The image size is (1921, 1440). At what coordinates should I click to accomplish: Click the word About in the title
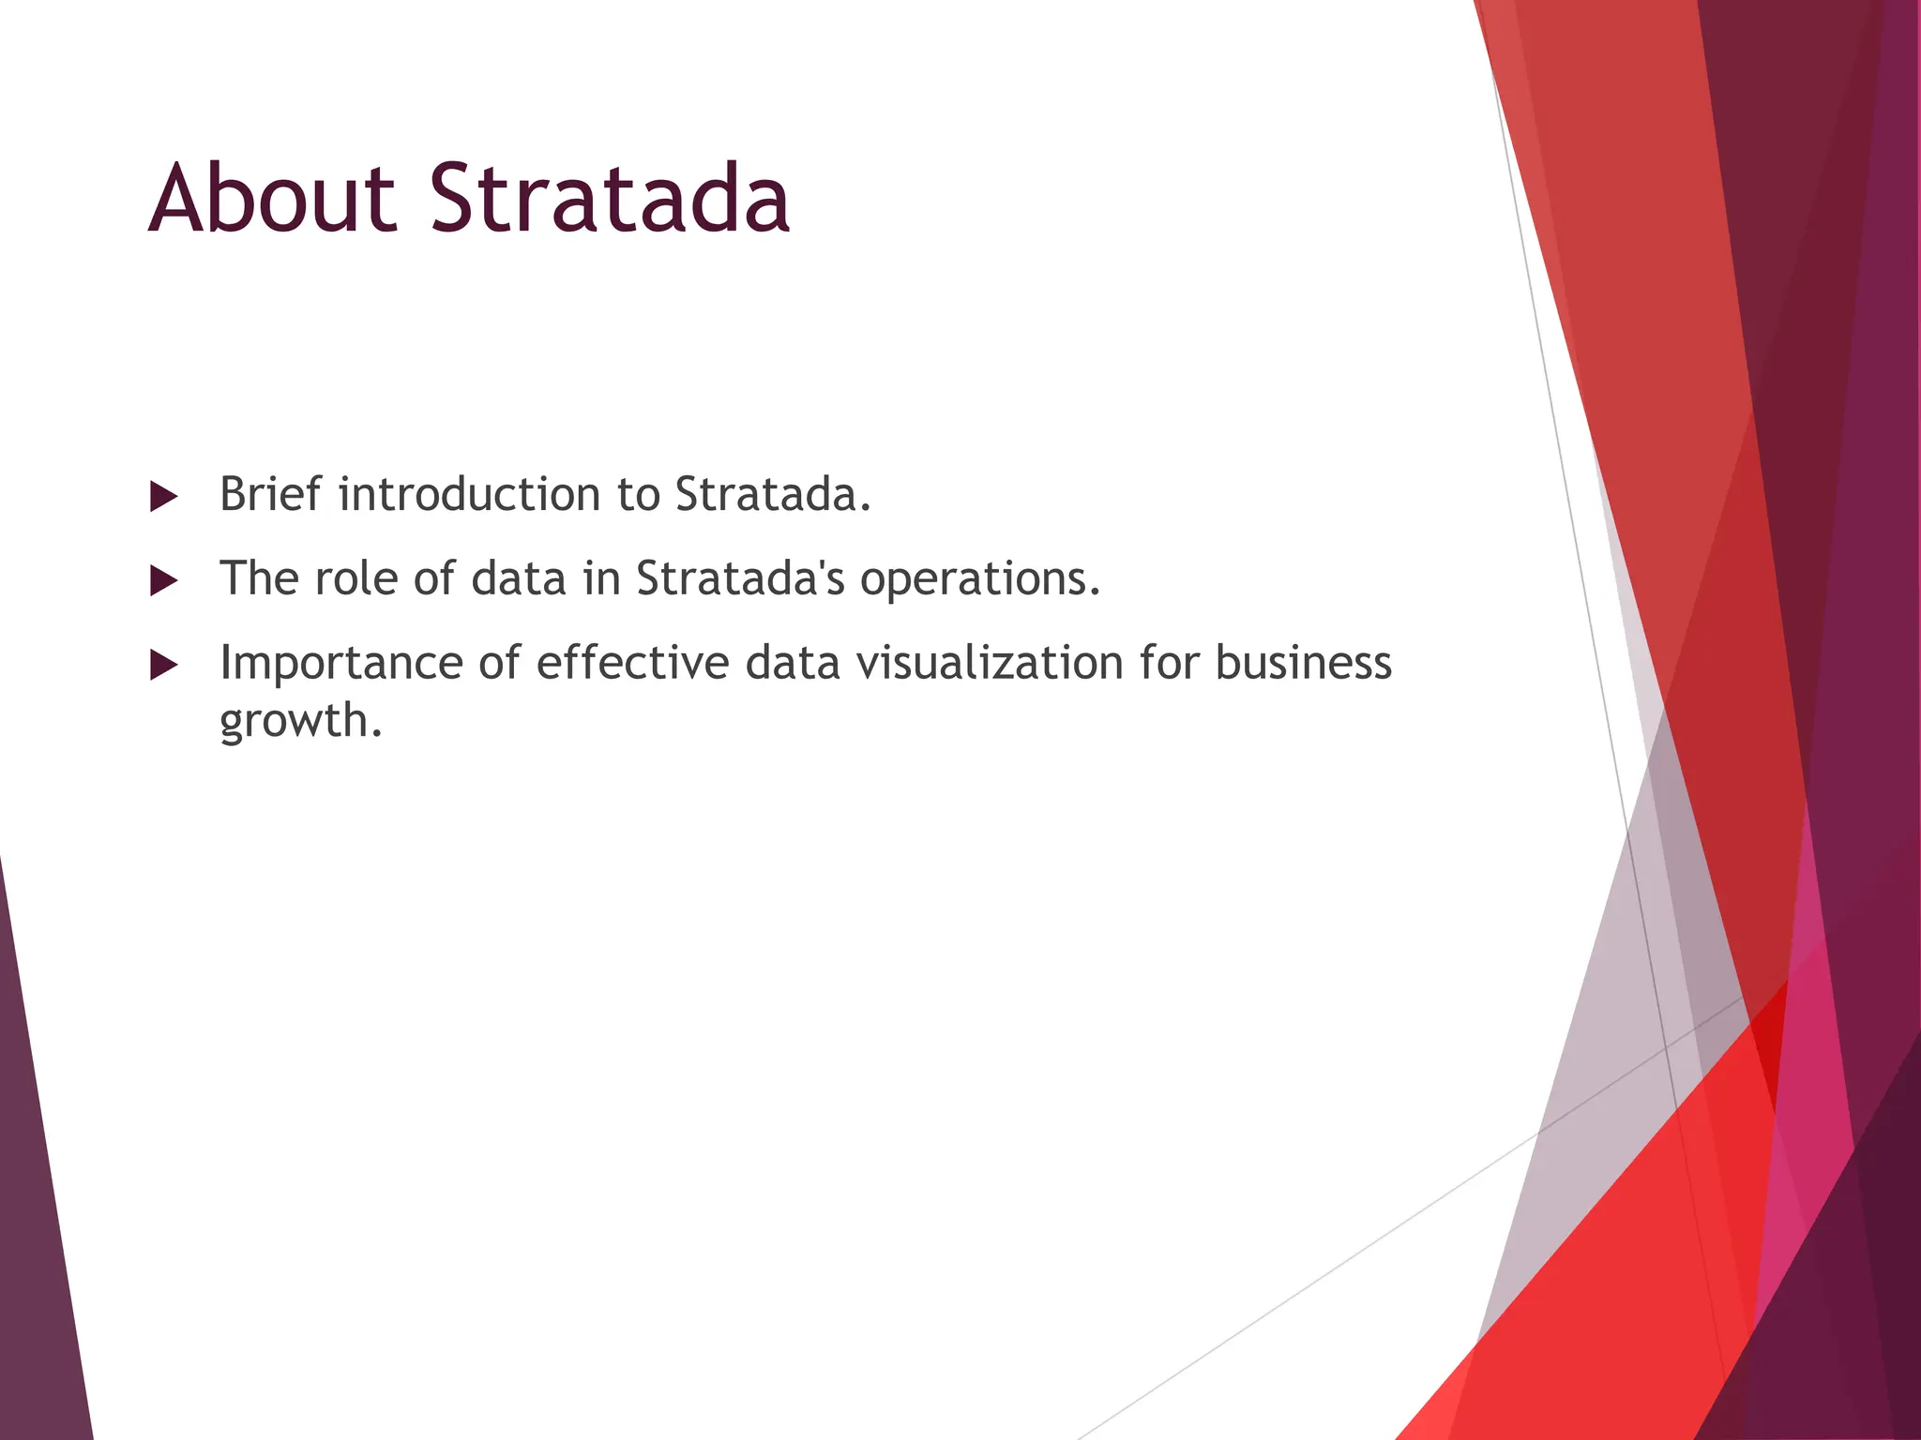[272, 199]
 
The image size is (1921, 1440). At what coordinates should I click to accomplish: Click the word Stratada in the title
[610, 199]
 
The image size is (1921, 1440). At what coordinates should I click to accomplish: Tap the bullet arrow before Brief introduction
[163, 497]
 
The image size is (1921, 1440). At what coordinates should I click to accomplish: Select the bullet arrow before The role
[163, 581]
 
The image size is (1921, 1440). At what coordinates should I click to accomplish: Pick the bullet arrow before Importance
[163, 666]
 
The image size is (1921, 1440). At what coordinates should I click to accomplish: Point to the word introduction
[469, 494]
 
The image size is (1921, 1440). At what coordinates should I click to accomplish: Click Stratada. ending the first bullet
[773, 494]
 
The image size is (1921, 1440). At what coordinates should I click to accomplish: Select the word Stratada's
[740, 578]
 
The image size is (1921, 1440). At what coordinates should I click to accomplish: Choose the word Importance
[340, 663]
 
